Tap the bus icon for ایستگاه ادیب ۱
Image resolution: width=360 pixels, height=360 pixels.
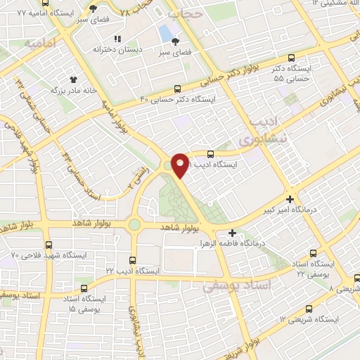210,153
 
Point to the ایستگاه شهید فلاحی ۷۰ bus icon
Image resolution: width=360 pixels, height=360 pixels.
49,245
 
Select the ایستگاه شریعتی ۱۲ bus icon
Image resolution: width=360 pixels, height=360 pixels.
309,309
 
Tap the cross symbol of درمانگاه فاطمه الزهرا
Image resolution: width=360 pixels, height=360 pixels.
233,233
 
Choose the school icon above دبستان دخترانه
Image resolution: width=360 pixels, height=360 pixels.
117,39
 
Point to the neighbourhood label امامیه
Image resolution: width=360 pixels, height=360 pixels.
41,44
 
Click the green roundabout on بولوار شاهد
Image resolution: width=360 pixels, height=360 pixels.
134,224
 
